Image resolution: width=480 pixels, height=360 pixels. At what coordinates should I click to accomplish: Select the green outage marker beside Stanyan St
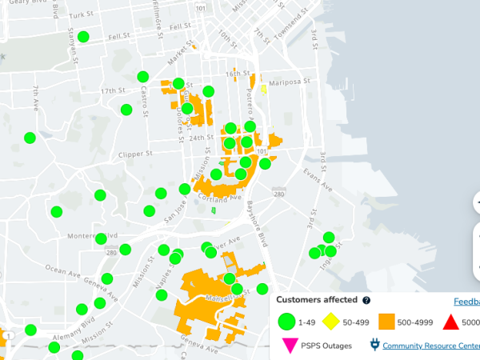click(83, 36)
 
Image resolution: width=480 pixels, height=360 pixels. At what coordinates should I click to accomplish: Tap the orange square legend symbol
click(387, 322)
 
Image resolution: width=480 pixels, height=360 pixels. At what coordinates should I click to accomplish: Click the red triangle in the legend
click(450, 322)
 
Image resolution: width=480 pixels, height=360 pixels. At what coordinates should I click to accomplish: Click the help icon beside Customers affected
click(366, 300)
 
